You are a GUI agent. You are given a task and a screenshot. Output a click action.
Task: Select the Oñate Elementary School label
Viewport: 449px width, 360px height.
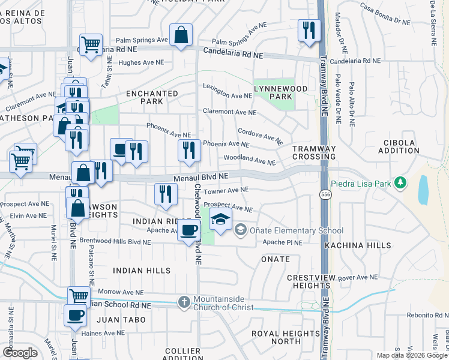297,230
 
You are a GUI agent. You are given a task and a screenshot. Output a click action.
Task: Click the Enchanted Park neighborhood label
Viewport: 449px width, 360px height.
152,97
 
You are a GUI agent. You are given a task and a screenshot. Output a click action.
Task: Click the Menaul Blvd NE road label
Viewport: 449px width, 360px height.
202,177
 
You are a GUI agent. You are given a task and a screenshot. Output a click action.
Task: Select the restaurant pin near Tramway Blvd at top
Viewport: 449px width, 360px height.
309,30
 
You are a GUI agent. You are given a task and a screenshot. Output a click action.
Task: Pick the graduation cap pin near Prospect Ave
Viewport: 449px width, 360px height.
220,219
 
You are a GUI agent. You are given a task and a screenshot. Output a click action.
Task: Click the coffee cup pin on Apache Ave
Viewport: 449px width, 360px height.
189,230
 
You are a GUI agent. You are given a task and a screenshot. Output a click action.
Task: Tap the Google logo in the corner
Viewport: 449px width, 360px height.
20,353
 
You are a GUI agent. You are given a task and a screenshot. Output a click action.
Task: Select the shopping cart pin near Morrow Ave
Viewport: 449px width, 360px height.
79,296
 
